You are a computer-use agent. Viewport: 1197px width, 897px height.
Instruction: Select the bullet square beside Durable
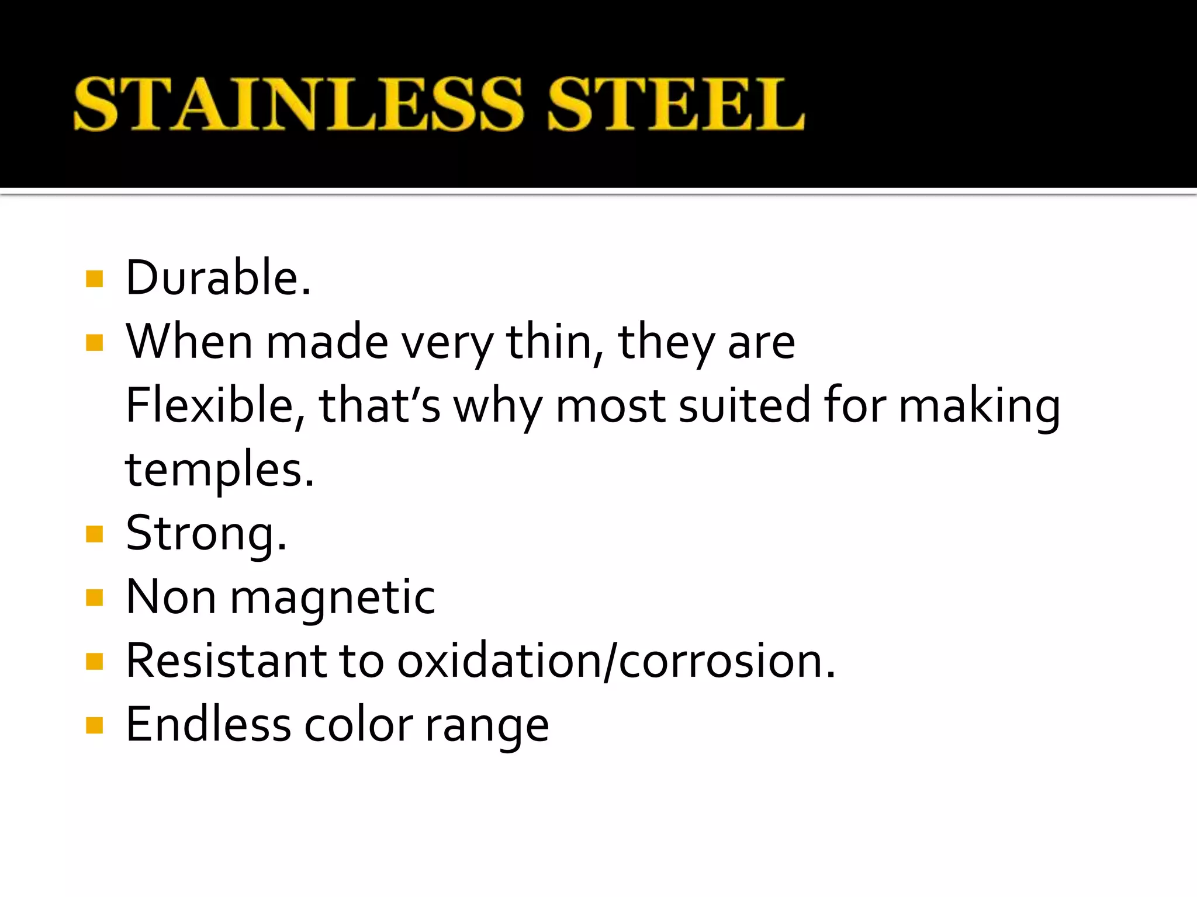pos(94,279)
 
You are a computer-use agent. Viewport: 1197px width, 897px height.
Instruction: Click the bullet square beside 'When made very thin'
pos(94,342)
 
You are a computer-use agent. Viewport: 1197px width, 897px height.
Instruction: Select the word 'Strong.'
pos(206,534)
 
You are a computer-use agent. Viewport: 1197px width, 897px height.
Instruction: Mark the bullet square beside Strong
pos(94,534)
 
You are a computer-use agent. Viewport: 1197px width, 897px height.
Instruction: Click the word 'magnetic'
pos(333,598)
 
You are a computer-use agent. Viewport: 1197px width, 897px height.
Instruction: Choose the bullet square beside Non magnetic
pos(94,597)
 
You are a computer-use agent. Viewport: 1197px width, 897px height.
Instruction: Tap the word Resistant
pos(226,661)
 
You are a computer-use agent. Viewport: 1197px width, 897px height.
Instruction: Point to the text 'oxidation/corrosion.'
pos(616,661)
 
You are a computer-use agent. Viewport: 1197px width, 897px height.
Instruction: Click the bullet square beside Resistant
pos(94,662)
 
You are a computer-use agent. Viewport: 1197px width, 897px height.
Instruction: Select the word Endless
pos(208,725)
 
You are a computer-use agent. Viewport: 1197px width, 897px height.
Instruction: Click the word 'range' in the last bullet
pos(487,726)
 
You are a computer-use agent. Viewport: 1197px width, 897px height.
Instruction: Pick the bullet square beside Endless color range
pos(94,725)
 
